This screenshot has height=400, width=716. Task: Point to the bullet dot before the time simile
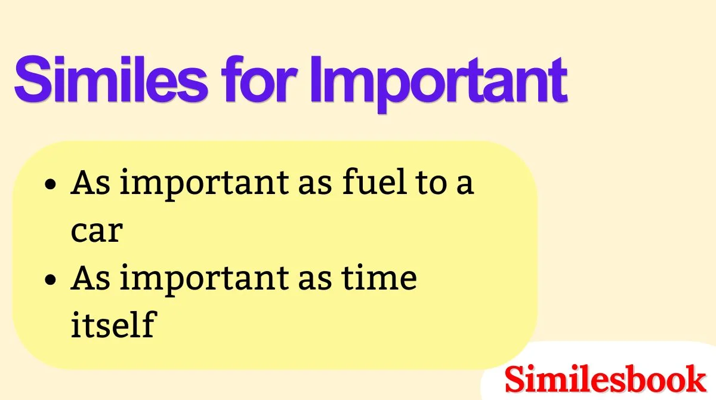(x=53, y=280)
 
